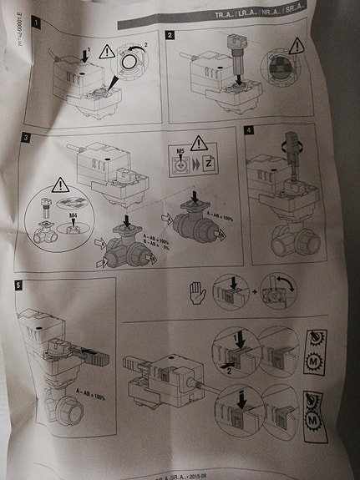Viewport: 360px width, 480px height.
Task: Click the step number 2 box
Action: click(170, 37)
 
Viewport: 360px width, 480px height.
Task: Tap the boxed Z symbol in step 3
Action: click(210, 162)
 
